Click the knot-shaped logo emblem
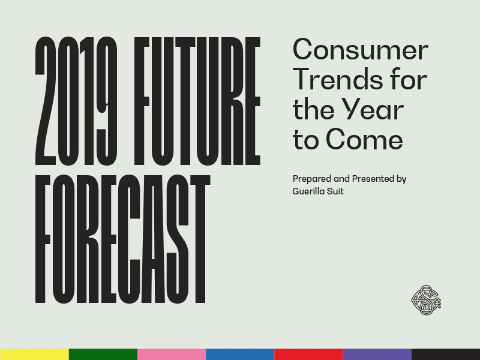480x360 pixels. pyautogui.click(x=425, y=299)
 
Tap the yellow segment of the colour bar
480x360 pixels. pyautogui.click(x=34, y=354)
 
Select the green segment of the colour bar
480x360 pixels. pyautogui.click(x=103, y=354)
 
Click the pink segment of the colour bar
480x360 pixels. pyautogui.click(x=171, y=354)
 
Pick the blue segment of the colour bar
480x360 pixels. pyautogui.click(x=240, y=354)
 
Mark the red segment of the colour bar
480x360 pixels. pyautogui.click(x=308, y=354)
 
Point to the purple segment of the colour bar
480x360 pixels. pyautogui.click(x=377, y=354)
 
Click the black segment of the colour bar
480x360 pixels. pyautogui.click(x=446, y=354)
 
